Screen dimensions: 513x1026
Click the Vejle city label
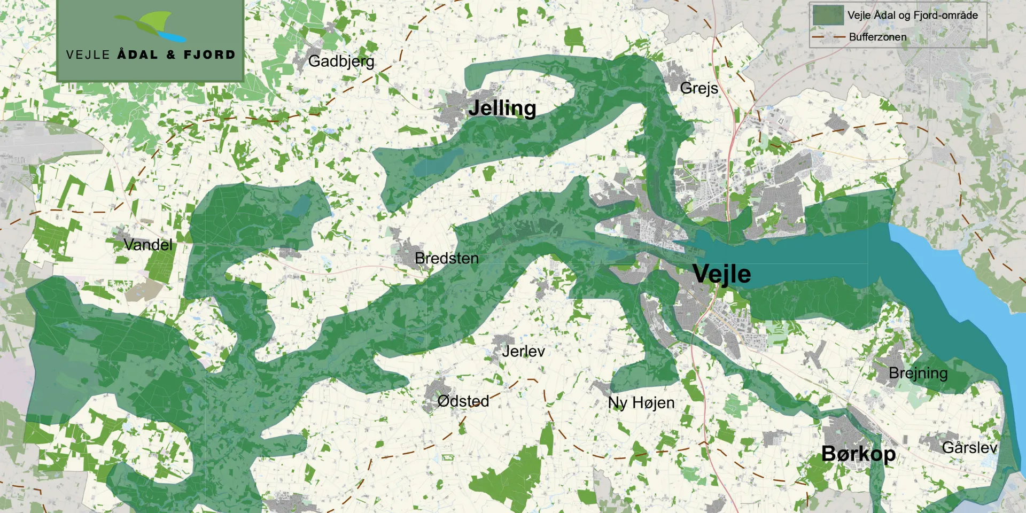click(721, 274)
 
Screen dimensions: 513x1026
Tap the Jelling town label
click(502, 108)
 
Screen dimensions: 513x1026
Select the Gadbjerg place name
click(341, 61)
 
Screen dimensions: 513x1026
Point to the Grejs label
click(699, 88)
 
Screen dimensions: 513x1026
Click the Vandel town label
click(148, 245)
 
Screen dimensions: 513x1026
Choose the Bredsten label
click(446, 258)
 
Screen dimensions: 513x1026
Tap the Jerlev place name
click(523, 351)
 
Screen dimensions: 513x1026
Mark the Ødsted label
click(463, 401)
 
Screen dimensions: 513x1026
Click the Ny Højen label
click(641, 402)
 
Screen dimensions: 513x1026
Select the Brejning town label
click(918, 373)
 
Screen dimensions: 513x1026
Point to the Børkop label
click(858, 454)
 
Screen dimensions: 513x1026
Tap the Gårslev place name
click(969, 447)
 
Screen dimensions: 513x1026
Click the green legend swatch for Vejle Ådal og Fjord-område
click(827, 15)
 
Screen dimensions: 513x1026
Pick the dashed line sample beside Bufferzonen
click(827, 37)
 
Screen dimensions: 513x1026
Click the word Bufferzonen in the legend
click(877, 37)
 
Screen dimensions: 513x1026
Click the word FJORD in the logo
click(209, 55)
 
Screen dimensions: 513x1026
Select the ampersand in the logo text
click(171, 55)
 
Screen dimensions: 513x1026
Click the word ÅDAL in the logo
click(137, 55)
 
